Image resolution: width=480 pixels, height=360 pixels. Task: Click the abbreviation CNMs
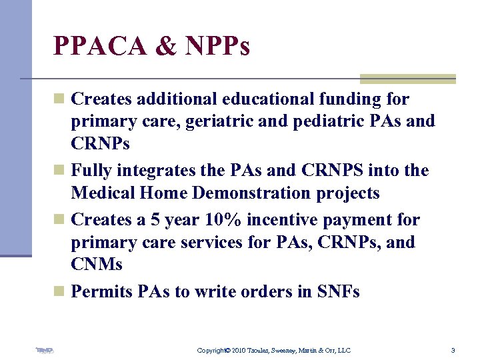[x=96, y=265]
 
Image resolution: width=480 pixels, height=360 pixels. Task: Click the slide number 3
[x=453, y=350]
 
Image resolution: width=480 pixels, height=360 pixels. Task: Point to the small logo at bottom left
[x=45, y=349]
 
